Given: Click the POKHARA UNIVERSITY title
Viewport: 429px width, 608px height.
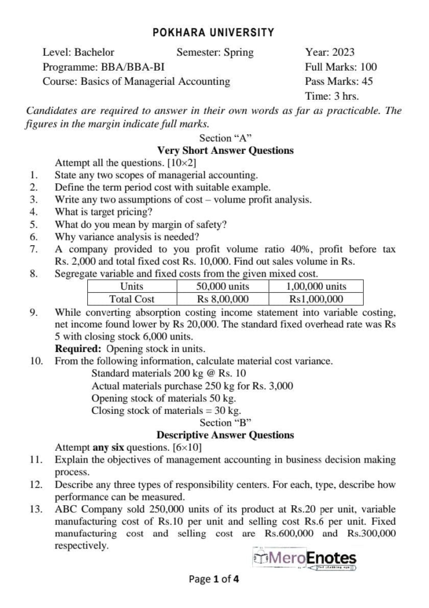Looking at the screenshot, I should [214, 33].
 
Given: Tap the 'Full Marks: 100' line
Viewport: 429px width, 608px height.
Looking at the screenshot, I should [341, 67].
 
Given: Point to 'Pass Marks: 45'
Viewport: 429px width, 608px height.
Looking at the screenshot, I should [339, 81].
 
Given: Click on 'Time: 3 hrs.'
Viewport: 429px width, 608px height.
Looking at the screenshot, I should [332, 96].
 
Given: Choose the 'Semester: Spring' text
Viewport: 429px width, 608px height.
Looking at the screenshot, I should [215, 52].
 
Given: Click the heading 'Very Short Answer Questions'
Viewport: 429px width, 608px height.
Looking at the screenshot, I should [225, 150].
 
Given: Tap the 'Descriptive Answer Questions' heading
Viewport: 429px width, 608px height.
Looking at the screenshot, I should [225, 435].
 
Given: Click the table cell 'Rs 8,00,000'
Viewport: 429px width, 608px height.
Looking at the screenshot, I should [223, 299].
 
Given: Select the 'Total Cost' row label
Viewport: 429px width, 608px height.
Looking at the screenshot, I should [132, 299].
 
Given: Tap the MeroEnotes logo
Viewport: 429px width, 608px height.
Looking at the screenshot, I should [305, 559].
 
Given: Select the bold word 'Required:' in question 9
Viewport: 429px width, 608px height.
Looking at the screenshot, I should [77, 349].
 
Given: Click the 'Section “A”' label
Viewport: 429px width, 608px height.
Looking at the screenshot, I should [225, 138].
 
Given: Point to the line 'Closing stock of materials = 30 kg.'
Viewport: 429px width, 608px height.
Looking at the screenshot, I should [166, 410].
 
